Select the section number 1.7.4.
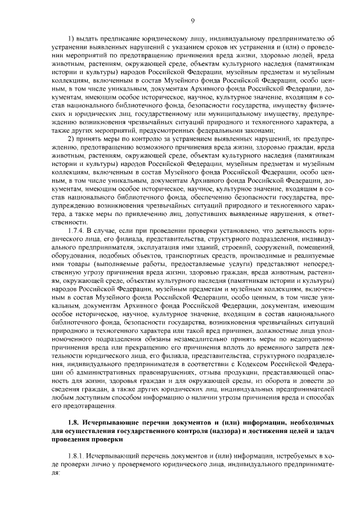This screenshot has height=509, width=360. pyautogui.click(x=76, y=231)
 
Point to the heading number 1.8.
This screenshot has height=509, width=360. pyautogui.click(x=73, y=421)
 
